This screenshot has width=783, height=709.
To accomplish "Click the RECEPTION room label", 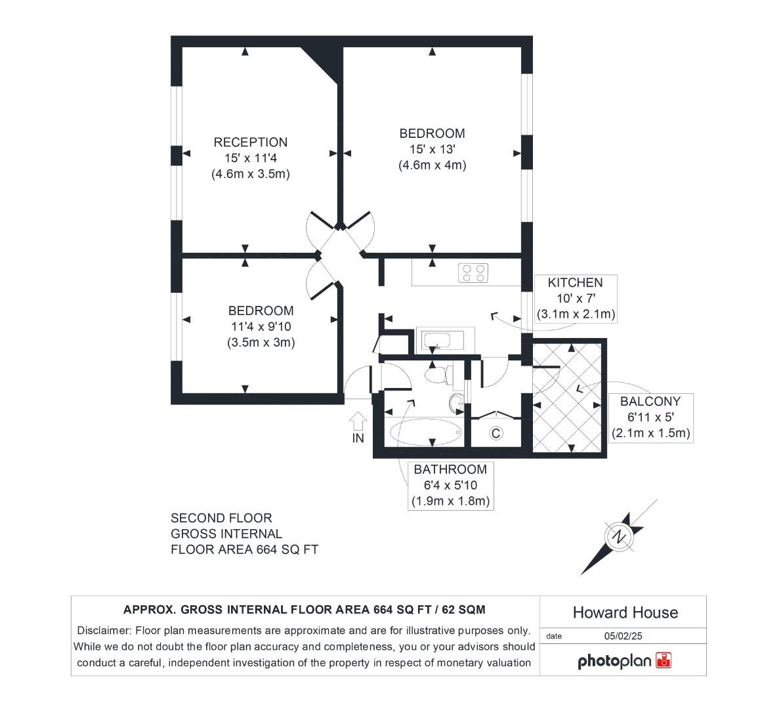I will pos(250,142).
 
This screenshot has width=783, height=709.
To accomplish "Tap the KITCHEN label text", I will pos(575,283).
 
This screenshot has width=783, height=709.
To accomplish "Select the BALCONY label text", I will pos(650,401).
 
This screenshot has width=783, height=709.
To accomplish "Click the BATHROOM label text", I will pos(450,469).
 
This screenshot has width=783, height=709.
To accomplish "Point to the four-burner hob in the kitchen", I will pos(474,272).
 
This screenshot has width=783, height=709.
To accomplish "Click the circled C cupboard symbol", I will pos(496,433).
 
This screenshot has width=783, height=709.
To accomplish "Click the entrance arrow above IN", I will pos(358,419).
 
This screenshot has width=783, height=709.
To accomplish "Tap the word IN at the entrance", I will pos(358,438).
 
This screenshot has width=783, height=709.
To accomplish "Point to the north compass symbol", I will pos(618,537).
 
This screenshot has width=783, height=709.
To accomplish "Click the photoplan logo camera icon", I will pos(664,660).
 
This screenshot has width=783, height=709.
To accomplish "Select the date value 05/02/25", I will pos(622,636).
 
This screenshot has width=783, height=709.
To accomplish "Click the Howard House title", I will pos(625,612).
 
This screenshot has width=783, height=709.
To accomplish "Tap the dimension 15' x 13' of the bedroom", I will pos(432,150).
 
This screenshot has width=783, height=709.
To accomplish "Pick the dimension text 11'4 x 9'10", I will pos(261,326).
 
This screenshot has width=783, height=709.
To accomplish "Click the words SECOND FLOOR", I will pos(221,518).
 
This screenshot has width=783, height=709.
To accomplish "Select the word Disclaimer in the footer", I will pos(104,630).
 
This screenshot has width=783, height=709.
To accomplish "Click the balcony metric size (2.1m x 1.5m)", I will pos(650,433).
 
